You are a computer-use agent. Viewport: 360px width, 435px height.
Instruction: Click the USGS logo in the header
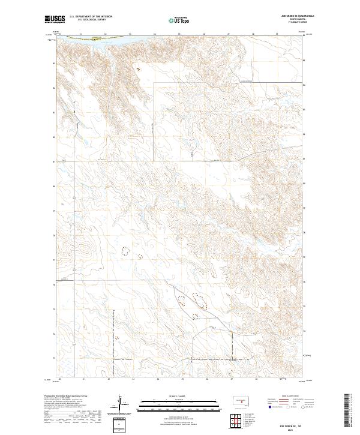55,20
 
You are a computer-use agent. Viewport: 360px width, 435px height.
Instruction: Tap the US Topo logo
179,20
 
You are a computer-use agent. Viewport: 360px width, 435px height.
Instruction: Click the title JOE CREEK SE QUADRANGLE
293,16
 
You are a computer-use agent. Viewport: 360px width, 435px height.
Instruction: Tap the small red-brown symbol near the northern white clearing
137,70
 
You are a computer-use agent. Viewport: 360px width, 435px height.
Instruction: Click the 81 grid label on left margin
55,161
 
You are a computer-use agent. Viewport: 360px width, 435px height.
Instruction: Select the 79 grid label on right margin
305,209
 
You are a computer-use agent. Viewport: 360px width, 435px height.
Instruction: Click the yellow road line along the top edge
84,37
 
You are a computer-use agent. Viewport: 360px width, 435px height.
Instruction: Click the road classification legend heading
287,396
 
